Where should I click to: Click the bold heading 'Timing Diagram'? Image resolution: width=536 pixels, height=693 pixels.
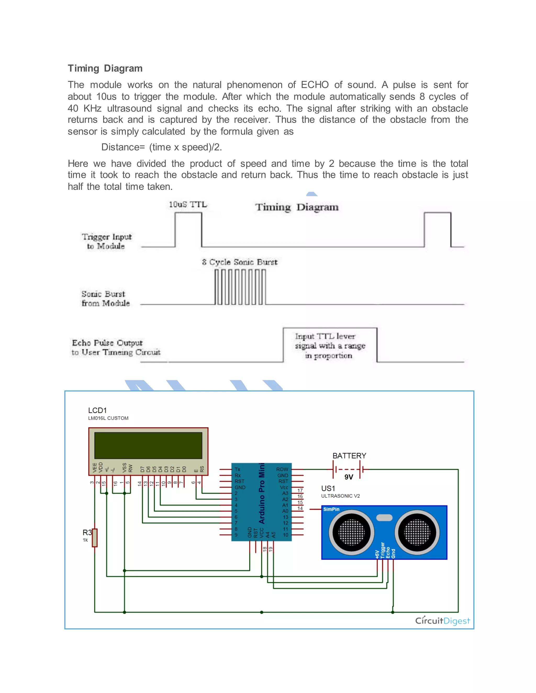coord(105,68)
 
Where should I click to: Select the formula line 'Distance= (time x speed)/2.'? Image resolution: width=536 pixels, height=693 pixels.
coord(161,147)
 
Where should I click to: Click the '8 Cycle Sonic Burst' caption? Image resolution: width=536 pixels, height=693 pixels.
coord(240,262)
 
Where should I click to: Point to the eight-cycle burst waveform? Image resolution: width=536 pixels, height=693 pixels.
coord(240,287)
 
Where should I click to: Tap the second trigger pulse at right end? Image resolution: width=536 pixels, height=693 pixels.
coord(437,229)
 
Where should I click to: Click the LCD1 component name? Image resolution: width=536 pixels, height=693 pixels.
coord(97,410)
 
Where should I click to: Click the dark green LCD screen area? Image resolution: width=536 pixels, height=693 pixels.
coord(148,445)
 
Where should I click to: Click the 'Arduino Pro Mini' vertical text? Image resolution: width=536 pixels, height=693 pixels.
coord(262,493)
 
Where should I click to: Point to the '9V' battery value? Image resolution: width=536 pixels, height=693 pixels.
coord(349,477)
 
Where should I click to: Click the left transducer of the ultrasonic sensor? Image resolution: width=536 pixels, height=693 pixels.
coord(351,532)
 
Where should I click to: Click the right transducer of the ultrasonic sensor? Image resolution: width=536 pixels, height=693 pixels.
coord(417,532)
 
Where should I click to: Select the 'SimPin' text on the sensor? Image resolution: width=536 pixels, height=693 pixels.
coord(331,509)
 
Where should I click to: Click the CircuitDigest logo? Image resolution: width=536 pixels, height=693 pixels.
coord(442,621)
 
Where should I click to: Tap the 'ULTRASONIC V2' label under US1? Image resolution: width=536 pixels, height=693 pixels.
coord(340,496)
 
